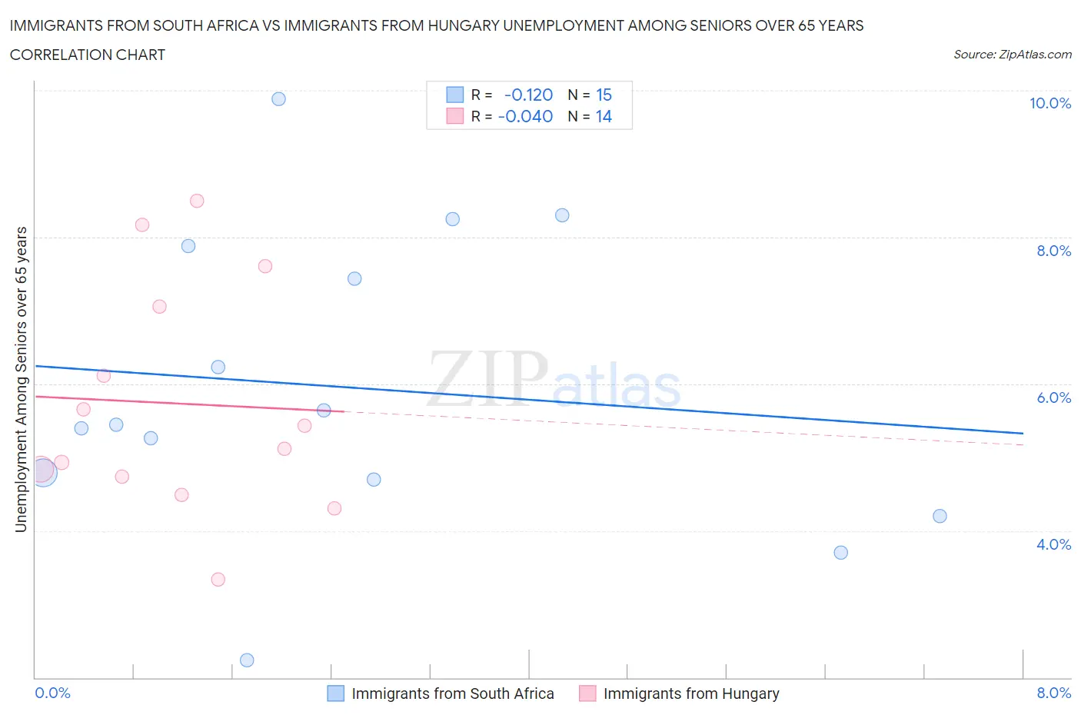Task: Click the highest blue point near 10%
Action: point(278,99)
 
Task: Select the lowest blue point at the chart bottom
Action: point(247,660)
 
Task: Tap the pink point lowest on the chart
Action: point(218,580)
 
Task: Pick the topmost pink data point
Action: point(197,201)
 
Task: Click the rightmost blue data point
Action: point(940,516)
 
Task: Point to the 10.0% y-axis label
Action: point(1049,103)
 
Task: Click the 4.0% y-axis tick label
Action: point(1053,544)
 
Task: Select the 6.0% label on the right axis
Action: point(1053,397)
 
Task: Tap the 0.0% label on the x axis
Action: point(53,693)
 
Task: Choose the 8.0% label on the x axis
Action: point(1053,693)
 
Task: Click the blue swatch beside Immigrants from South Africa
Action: point(336,693)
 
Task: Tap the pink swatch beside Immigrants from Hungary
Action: point(587,693)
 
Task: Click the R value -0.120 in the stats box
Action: point(528,95)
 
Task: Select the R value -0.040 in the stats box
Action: point(525,116)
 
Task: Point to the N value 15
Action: point(604,95)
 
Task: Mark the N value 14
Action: point(604,116)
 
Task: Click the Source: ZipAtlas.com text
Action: point(1012,55)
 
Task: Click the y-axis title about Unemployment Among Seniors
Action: point(22,380)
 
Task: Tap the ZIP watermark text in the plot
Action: point(487,378)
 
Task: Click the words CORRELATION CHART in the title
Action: point(88,55)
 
